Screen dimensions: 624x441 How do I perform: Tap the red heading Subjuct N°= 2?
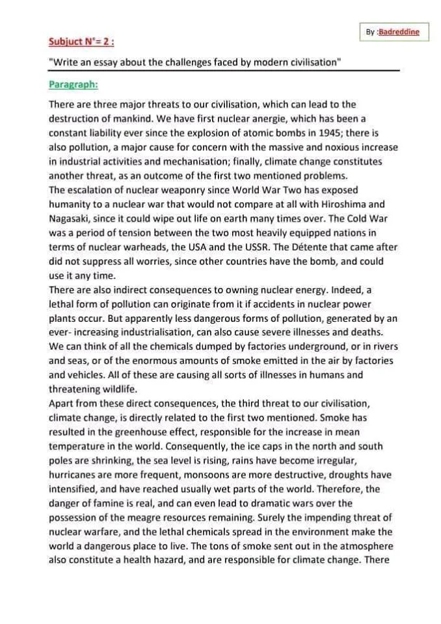(81, 42)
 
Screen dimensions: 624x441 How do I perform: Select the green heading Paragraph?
(73, 84)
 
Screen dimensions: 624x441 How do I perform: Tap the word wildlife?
(115, 389)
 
